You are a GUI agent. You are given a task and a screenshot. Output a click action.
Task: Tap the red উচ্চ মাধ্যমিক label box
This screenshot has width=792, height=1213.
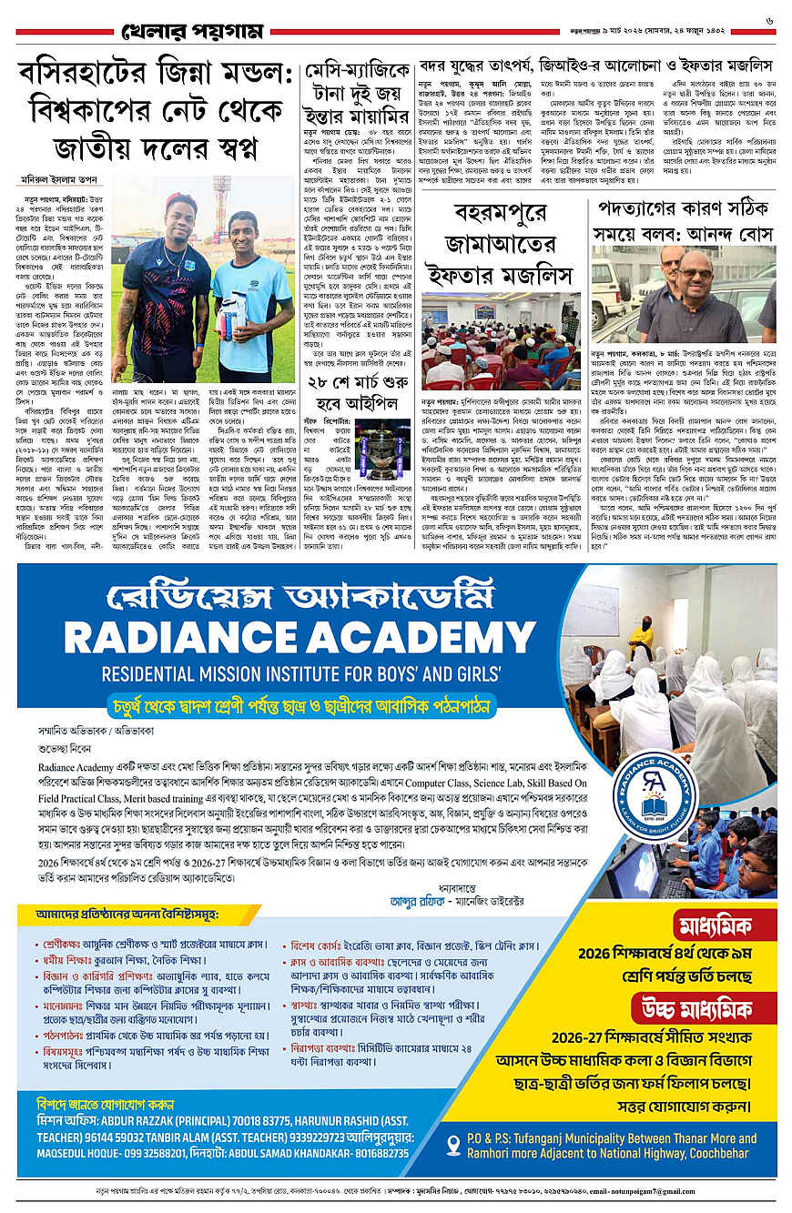click(705, 1007)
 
